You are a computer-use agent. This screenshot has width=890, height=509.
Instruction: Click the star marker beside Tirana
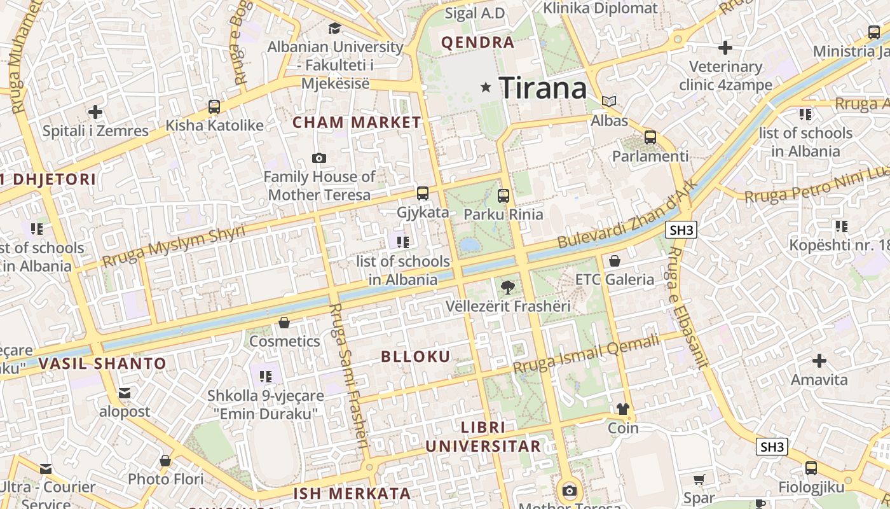point(486,87)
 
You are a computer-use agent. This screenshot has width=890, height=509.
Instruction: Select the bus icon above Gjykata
point(423,193)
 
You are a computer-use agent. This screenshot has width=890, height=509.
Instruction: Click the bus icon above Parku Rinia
point(503,195)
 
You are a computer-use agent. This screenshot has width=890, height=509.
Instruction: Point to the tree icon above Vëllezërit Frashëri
point(507,288)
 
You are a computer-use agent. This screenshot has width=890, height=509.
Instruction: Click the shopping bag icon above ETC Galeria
point(615,261)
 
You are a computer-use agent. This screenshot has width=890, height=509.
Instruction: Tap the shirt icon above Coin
point(622,409)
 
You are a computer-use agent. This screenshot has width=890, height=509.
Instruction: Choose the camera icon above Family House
point(319,158)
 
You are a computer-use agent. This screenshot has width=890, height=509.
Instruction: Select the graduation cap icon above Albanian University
point(334,28)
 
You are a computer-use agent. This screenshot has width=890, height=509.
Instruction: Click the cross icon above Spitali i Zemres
point(95,113)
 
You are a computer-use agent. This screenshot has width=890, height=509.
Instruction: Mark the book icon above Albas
point(609,101)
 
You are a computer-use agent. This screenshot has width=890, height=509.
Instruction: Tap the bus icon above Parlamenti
point(650,137)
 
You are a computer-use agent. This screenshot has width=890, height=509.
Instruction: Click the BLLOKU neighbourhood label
point(416,356)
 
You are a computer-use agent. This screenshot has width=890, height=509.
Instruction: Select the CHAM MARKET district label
point(357,122)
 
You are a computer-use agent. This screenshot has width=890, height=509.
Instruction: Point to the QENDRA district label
point(477,43)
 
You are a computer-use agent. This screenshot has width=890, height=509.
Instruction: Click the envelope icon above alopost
point(125,393)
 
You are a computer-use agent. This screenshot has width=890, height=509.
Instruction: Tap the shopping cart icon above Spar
point(699,479)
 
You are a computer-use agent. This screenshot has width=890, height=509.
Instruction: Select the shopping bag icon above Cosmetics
point(284,323)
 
